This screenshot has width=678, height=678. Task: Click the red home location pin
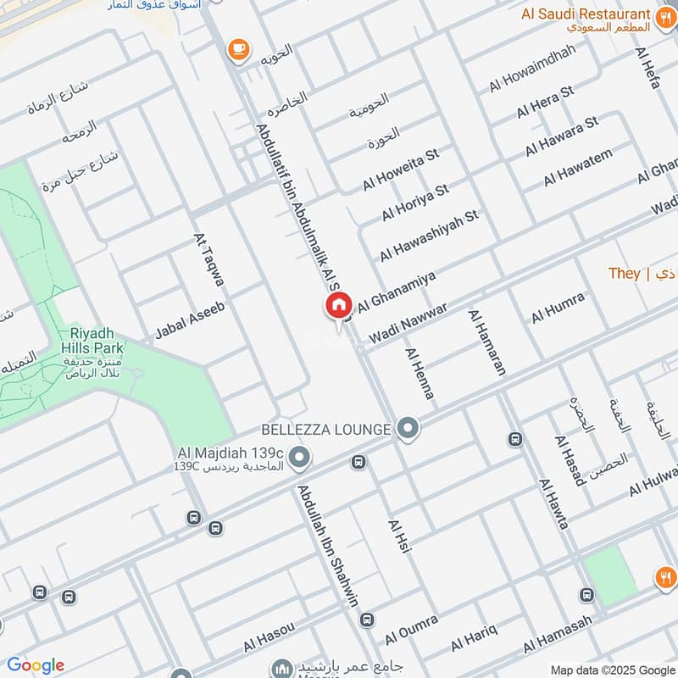[338, 306]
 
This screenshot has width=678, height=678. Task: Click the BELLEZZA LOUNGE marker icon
[408, 429]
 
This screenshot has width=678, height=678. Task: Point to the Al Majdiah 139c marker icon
[298, 458]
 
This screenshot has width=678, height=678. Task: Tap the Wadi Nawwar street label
[407, 325]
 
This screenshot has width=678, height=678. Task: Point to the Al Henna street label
[420, 374]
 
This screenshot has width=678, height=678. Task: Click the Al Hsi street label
[399, 537]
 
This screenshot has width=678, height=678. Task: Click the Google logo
[35, 665]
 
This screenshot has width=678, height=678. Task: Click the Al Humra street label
[558, 308]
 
